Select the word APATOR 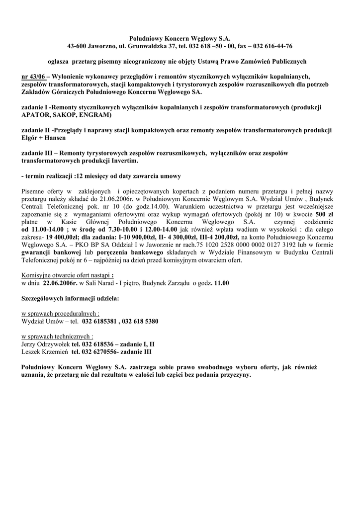[38, 114]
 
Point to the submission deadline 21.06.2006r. [120, 199]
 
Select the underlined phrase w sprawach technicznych [57, 336]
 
